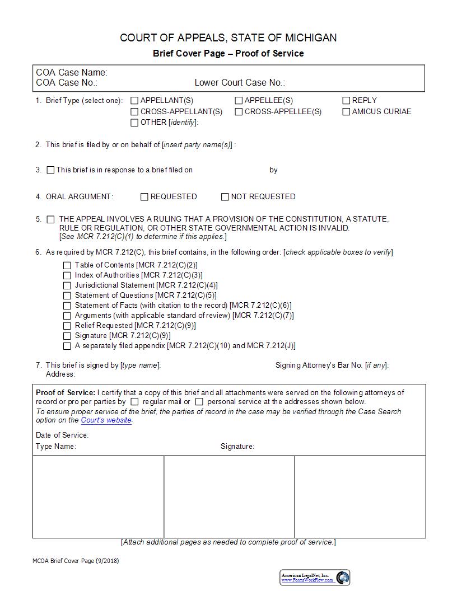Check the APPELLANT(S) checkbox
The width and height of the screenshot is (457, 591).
(134, 101)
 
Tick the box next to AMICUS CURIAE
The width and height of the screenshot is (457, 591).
(346, 111)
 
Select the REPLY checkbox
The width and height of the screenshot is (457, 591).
(346, 101)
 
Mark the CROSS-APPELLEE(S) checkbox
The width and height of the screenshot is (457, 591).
(239, 111)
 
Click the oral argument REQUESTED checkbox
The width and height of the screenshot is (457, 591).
(144, 197)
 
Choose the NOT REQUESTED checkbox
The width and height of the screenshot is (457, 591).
(225, 197)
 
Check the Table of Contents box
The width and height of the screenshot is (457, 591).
(67, 265)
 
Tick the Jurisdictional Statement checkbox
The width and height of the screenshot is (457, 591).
(67, 285)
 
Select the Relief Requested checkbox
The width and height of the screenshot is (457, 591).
(67, 326)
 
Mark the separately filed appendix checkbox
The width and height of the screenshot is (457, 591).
(67, 346)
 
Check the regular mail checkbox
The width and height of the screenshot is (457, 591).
(134, 402)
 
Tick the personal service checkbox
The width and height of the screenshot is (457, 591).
(199, 402)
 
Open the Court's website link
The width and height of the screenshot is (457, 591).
(106, 420)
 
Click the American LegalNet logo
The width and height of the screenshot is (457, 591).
(315, 578)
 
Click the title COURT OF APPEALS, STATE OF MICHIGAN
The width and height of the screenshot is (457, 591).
(228, 38)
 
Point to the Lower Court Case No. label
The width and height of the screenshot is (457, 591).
(240, 83)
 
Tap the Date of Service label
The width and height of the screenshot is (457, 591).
(62, 435)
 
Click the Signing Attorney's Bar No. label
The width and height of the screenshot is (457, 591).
(332, 365)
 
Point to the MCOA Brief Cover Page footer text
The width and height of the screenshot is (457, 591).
(76, 561)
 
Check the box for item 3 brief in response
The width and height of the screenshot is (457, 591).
(51, 170)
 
